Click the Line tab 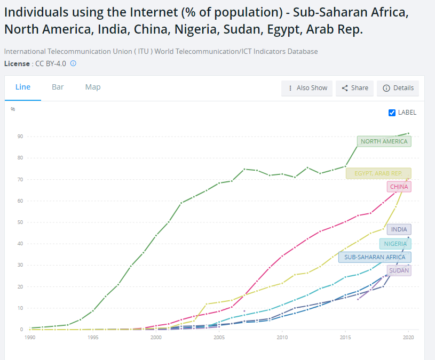23,87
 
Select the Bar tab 58,87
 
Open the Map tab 93,87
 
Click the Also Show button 307,88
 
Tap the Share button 354,88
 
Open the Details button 398,88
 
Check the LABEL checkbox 392,113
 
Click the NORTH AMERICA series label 384,141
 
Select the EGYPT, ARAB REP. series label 378,173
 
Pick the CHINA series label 399,187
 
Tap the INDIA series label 399,229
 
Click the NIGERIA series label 395,244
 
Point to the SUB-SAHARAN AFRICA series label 375,257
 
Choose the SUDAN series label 399,270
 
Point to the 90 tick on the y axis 20,137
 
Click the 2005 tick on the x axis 219,338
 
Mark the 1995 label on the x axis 93,338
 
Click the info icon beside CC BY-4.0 73,63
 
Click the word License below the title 16,63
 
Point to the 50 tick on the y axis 20,222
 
